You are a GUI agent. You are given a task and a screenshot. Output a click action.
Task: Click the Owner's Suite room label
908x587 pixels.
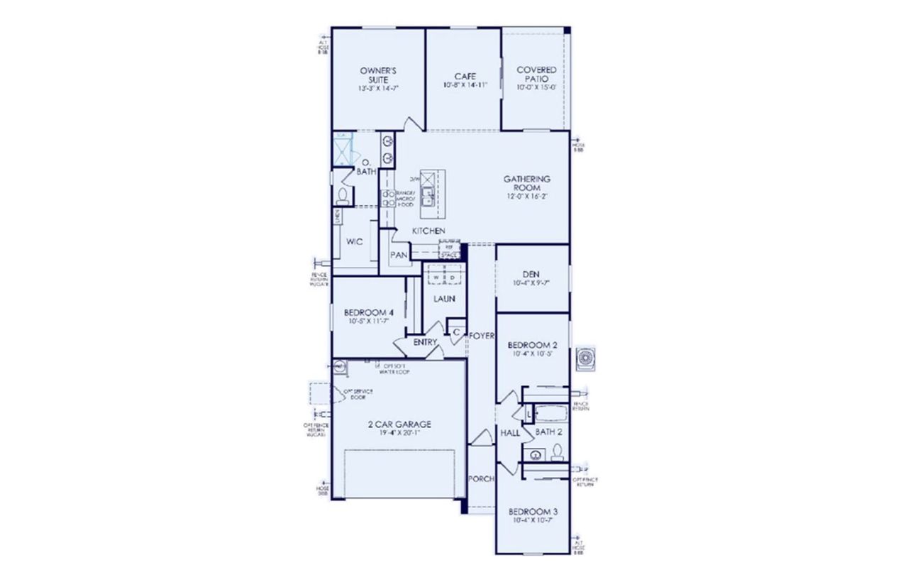(x=372, y=75)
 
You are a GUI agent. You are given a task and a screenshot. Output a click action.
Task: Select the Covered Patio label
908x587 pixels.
(x=536, y=75)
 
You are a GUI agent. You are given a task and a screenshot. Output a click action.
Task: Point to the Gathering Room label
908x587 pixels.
(x=527, y=183)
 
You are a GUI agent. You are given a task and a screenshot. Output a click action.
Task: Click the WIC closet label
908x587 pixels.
(x=355, y=242)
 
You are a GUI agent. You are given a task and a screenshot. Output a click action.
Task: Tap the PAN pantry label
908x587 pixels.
(x=399, y=256)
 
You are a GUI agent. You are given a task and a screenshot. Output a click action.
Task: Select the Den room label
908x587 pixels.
(x=531, y=274)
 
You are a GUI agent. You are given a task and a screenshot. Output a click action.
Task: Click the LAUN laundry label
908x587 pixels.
(x=444, y=299)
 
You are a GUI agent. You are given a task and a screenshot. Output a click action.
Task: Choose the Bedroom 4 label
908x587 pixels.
(x=368, y=312)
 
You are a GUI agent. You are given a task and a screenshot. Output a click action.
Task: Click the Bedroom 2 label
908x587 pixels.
(x=533, y=345)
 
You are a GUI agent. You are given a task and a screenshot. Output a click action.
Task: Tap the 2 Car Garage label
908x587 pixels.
(x=399, y=424)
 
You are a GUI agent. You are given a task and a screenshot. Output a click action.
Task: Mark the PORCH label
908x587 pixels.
(x=481, y=479)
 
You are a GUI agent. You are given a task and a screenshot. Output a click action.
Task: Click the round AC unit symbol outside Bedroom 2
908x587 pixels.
(x=587, y=359)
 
